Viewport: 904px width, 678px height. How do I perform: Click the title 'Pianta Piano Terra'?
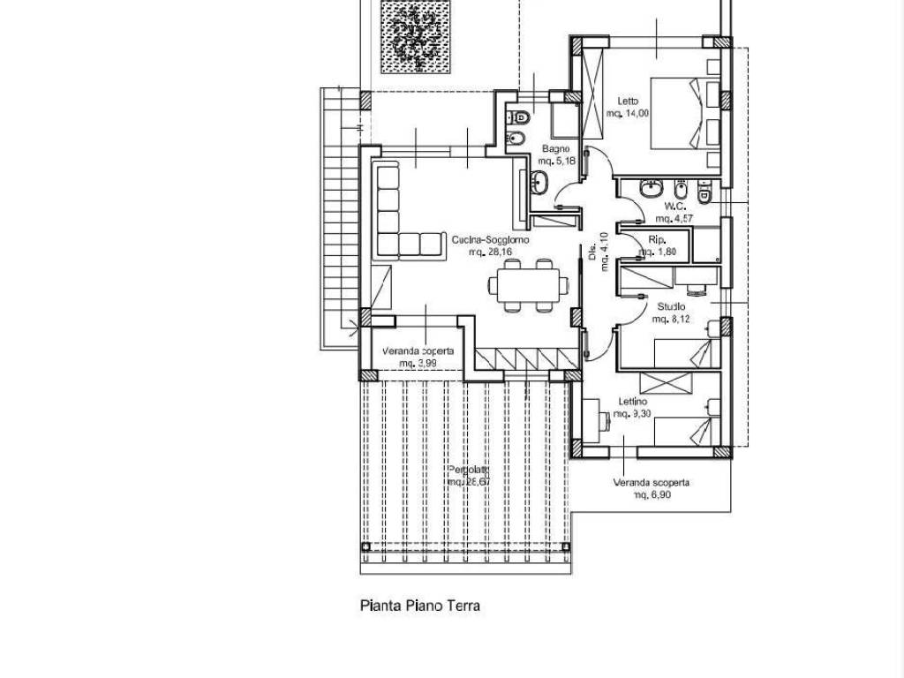[x=420, y=606]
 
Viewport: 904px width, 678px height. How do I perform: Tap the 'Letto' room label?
[x=628, y=102]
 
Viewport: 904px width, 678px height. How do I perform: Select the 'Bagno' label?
[x=555, y=149]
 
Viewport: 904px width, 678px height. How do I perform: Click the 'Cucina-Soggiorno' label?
[x=490, y=240]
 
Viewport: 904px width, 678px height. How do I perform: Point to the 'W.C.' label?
[x=676, y=206]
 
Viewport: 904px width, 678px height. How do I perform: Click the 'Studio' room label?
[x=671, y=306]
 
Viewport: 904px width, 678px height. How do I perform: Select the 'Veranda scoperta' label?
[x=652, y=483]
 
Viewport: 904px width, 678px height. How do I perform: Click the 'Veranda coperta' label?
[x=418, y=351]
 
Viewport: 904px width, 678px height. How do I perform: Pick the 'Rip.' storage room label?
[x=657, y=240]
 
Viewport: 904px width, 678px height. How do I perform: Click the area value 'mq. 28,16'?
[x=490, y=252]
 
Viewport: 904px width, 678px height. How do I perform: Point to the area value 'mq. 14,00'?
[x=628, y=113]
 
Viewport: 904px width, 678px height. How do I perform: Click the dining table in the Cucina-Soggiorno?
[x=527, y=285]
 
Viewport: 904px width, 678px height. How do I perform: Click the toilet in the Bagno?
[x=521, y=116]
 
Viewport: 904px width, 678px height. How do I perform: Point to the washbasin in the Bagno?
[x=539, y=183]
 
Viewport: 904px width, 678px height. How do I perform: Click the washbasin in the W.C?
[x=652, y=188]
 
